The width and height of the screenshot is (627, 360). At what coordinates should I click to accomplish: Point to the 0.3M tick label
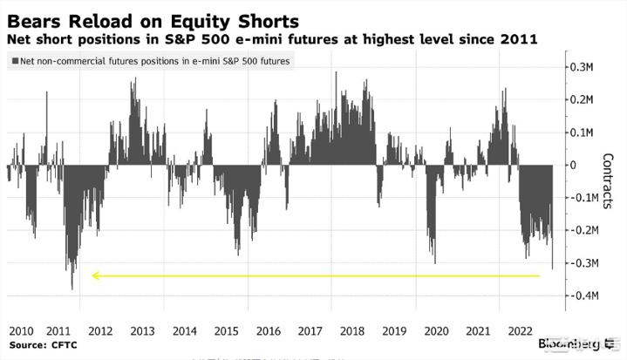click(x=582, y=67)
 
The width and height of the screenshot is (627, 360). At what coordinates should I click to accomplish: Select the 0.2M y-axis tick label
click(x=582, y=99)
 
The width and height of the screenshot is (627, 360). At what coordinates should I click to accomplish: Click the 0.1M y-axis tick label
click(x=582, y=132)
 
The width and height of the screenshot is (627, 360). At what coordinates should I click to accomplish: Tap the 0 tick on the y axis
click(x=573, y=165)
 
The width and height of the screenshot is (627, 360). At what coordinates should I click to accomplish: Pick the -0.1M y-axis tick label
click(x=580, y=198)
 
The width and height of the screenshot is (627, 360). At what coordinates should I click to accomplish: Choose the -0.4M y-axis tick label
click(x=580, y=295)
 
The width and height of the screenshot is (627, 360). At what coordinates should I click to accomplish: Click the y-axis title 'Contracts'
click(x=608, y=181)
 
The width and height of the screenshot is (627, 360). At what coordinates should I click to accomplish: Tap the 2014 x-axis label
click(x=185, y=331)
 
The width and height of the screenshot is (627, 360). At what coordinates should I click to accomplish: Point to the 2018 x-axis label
click(x=352, y=331)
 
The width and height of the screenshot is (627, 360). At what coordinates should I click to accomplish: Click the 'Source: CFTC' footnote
click(x=40, y=345)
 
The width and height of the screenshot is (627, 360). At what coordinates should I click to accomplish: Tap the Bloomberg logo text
click(x=566, y=343)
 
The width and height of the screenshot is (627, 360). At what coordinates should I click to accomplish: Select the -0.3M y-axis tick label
click(x=580, y=263)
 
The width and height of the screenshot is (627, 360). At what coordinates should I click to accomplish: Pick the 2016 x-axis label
click(x=269, y=331)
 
